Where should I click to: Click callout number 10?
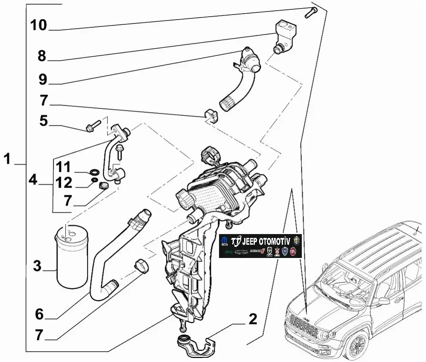click(x=38, y=25)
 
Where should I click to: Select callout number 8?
click(x=42, y=56)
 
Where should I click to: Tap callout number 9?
click(x=42, y=79)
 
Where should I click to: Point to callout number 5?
click(x=43, y=121)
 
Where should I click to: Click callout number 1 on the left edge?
click(x=7, y=159)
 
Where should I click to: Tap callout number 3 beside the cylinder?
click(x=38, y=266)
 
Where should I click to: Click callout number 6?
click(x=39, y=314)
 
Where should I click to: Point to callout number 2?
click(x=253, y=319)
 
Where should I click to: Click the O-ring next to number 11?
click(x=93, y=172)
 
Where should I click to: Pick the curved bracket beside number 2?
click(x=196, y=345)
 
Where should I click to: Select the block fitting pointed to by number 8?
click(x=285, y=31)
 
